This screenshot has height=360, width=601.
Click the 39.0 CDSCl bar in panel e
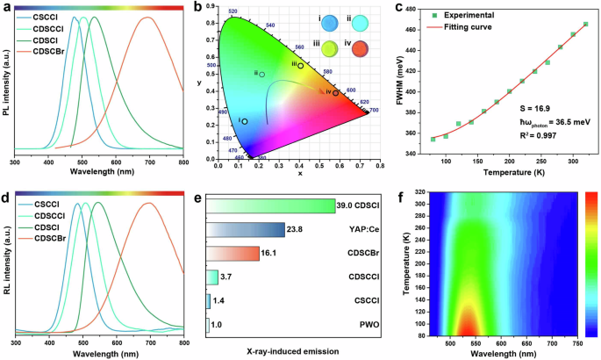click(x=271, y=205)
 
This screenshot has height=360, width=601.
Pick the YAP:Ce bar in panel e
click(x=246, y=230)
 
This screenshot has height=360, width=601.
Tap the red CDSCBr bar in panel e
click(x=233, y=254)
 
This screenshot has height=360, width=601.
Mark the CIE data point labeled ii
click(x=261, y=75)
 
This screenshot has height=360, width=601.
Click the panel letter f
click(x=398, y=198)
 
